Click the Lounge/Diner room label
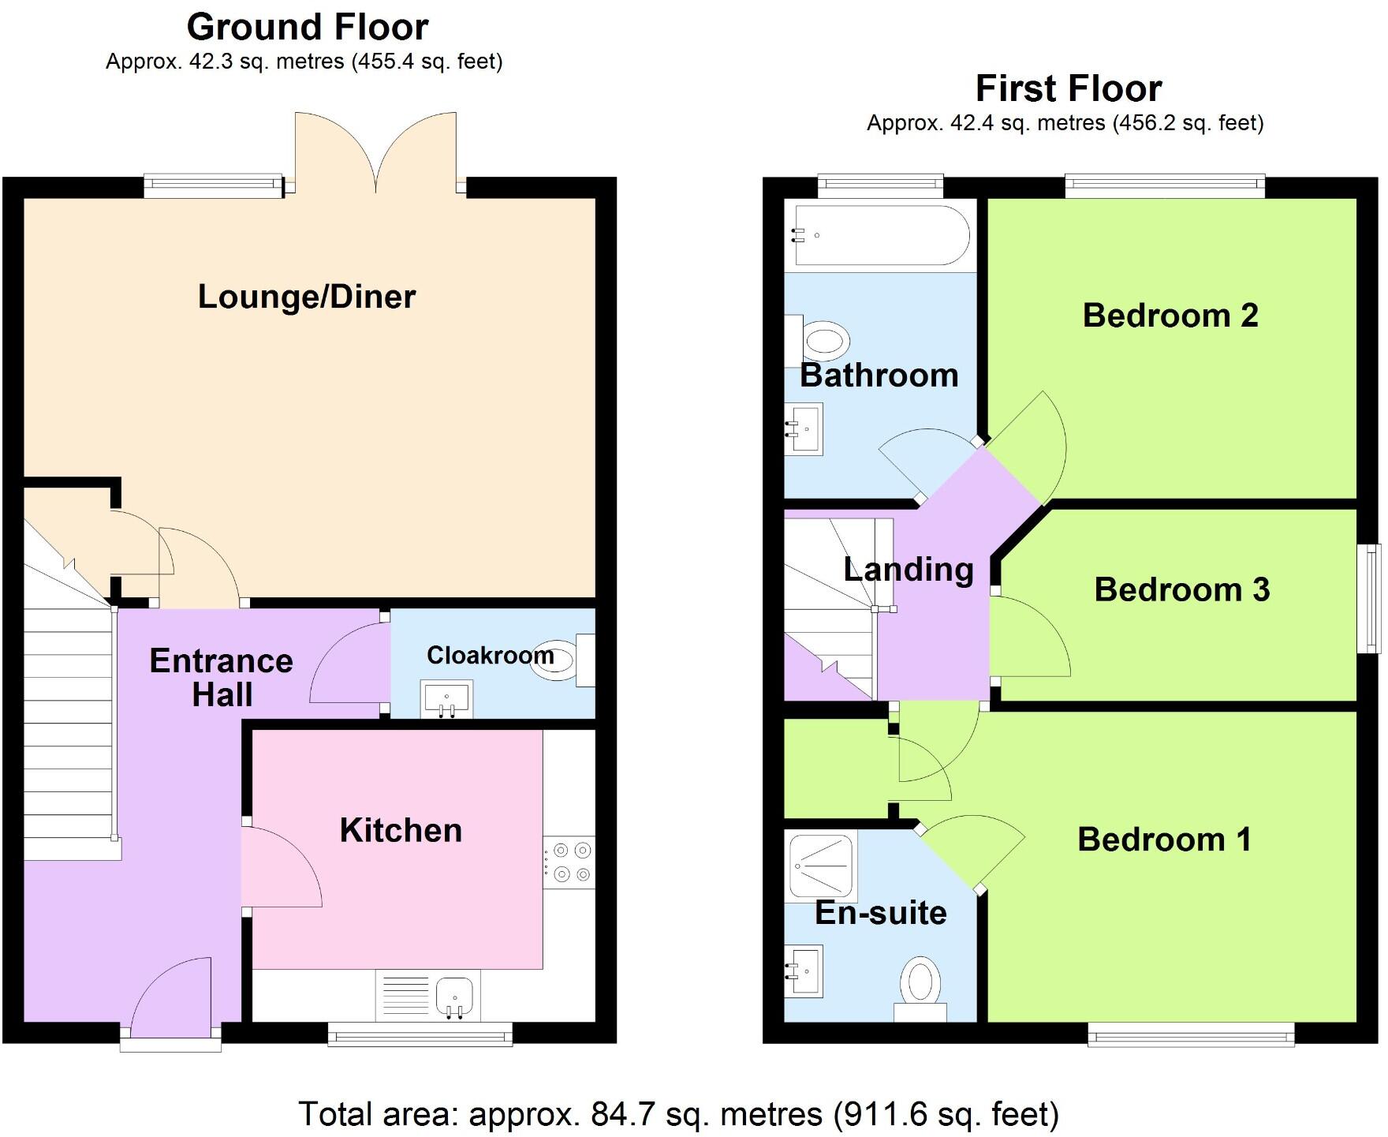[x=306, y=297]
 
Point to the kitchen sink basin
[x=454, y=997]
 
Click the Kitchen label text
[x=401, y=831]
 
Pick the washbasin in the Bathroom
[x=805, y=429]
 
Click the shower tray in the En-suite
[x=823, y=866]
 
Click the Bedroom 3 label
[x=1181, y=590]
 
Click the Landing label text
[x=909, y=570]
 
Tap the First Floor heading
[x=1069, y=88]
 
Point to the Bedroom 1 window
[x=1191, y=1034]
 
